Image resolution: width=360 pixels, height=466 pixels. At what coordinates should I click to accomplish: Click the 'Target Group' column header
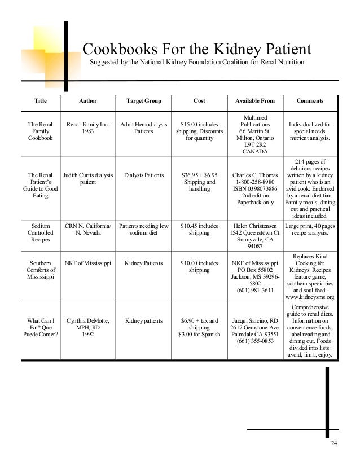(x=144, y=101)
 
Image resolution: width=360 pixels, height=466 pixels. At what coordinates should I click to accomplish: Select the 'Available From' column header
(x=255, y=101)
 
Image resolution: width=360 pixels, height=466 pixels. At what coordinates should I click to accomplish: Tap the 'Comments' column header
(x=310, y=101)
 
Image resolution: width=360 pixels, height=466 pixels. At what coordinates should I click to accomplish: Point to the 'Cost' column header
(x=199, y=101)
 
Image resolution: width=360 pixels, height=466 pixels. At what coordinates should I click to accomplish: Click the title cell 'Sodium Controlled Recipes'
(x=41, y=232)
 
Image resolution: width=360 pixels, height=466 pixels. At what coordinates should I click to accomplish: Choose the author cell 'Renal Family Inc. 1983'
(x=88, y=128)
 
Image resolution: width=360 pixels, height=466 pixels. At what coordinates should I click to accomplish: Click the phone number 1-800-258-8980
(x=255, y=182)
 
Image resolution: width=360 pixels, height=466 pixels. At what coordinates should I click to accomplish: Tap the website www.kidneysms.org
(x=310, y=297)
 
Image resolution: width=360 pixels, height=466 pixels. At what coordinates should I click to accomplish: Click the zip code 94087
(x=255, y=247)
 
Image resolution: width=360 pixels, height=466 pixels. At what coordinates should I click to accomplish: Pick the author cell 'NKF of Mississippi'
(x=88, y=263)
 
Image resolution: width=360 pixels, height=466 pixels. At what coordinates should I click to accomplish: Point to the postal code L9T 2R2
(x=255, y=144)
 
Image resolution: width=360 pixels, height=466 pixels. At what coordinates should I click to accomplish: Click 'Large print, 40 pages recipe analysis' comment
(x=310, y=229)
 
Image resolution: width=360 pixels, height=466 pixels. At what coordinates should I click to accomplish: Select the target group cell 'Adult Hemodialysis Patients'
(x=144, y=128)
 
